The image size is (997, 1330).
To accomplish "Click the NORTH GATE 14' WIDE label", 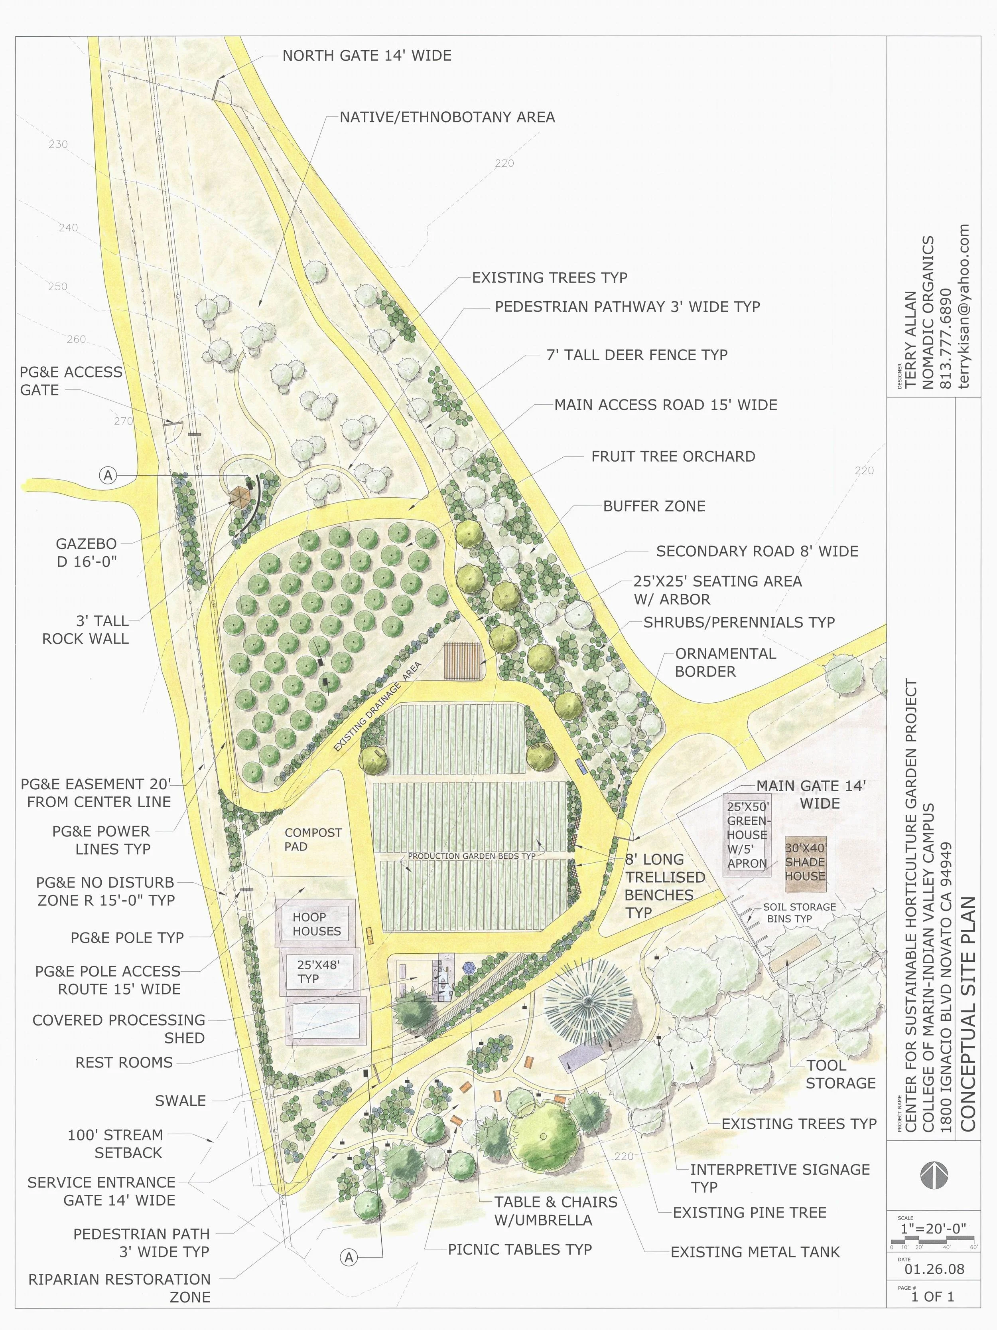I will click(x=366, y=56).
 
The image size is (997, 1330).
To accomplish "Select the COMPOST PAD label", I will click(x=313, y=839).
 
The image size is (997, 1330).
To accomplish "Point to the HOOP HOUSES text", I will click(x=317, y=924).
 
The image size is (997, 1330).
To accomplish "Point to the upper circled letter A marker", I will click(x=108, y=476).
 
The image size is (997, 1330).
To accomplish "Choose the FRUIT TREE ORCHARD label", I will click(x=673, y=457).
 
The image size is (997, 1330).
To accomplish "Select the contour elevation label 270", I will click(x=123, y=421).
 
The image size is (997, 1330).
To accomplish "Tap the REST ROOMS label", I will click(x=124, y=1062).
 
